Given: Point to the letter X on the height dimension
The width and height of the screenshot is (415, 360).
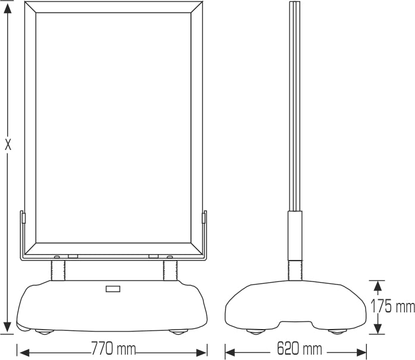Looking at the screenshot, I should point(8,144).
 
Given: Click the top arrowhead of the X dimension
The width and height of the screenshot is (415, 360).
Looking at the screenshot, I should point(8,9).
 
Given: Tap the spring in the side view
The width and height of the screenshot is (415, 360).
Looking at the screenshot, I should point(295,270).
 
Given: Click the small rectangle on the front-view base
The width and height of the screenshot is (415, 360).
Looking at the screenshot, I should point(113,290).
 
